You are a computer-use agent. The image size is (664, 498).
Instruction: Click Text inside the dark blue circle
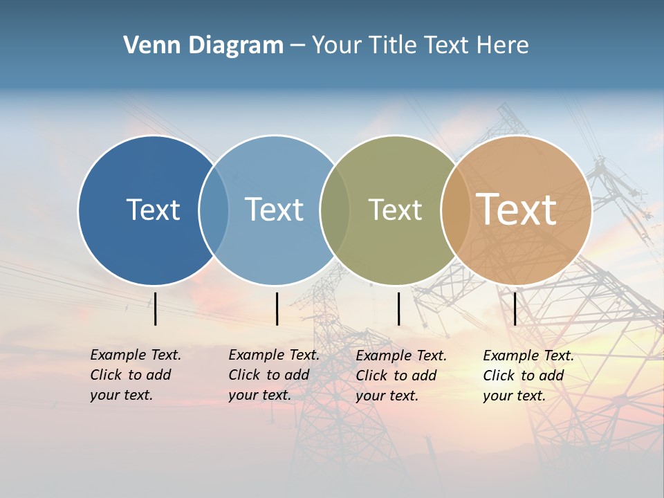click(153, 210)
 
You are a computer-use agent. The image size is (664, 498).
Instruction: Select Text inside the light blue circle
click(274, 210)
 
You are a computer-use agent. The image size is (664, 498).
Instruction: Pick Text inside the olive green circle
click(395, 210)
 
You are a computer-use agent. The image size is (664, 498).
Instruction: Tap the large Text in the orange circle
click(516, 210)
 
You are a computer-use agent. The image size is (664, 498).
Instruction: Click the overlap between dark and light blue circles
click(214, 210)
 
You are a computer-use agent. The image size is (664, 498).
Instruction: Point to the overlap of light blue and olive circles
click(335, 210)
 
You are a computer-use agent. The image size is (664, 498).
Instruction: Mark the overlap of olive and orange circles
click(454, 210)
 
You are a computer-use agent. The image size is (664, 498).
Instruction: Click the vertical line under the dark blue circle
click(156, 308)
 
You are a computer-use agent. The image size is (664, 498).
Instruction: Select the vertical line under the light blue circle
click(277, 308)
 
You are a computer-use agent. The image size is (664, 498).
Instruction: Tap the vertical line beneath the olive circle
click(398, 308)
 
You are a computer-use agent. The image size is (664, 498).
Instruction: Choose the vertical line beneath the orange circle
click(515, 308)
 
